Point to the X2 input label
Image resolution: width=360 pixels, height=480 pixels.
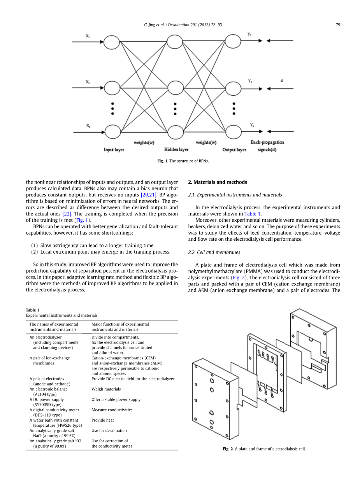coord(88,82)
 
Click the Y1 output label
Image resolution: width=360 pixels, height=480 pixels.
coord(249,34)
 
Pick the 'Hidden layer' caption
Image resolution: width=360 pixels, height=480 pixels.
coord(176,150)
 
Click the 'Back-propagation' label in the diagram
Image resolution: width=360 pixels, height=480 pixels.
coord(267,142)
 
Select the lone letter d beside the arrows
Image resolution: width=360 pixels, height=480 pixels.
coord(281,81)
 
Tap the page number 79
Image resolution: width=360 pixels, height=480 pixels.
coord(338,25)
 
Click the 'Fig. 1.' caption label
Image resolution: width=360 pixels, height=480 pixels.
coord(163,161)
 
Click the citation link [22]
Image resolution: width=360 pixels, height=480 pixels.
coord(67,214)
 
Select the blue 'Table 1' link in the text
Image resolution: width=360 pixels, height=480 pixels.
coord(252,214)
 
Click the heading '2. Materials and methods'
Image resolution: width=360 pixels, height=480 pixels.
coord(218,182)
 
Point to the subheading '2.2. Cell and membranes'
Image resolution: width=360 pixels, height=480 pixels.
coord(214,252)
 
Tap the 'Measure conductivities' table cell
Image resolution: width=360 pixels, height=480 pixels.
coord(112,410)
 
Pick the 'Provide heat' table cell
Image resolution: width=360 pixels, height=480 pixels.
coord(103,420)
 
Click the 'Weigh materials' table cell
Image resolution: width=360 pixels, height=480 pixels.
coord(106,389)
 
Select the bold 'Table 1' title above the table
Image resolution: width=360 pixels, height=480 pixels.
coord(32,310)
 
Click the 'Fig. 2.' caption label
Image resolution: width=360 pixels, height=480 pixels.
coord(228,449)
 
